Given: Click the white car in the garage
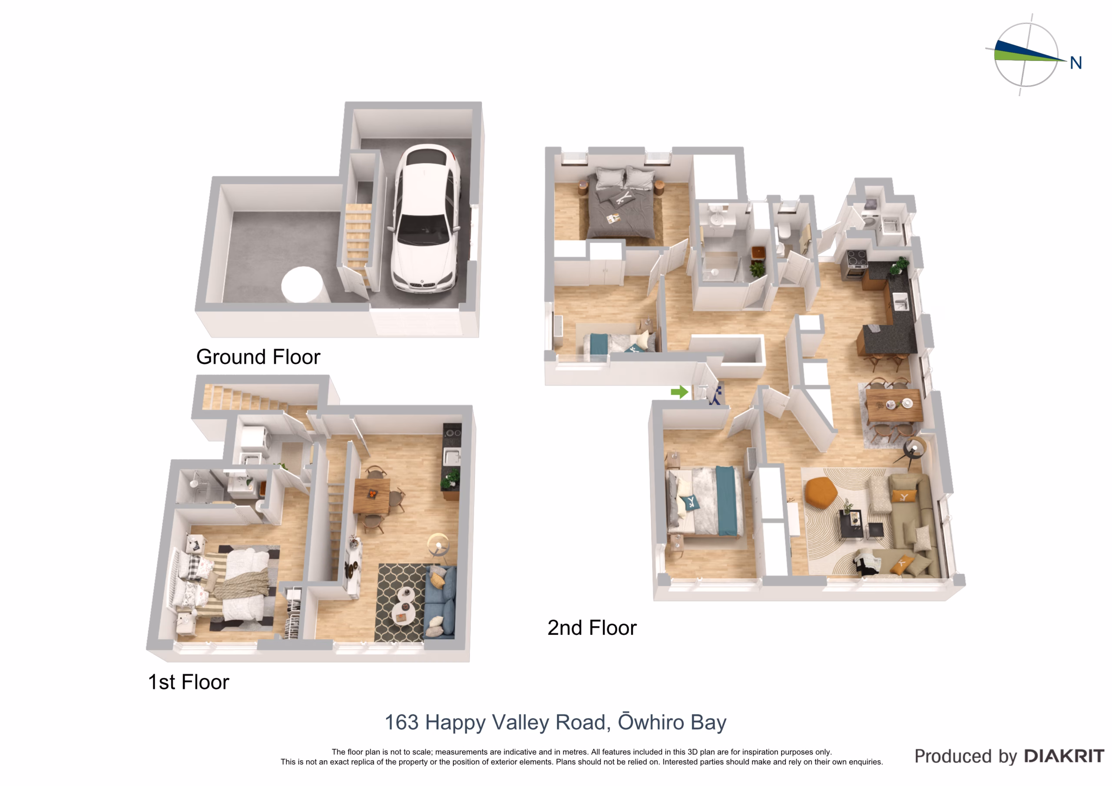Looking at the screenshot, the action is [426, 219].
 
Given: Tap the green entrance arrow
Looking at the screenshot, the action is [679, 392].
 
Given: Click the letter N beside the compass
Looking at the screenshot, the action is [1076, 63].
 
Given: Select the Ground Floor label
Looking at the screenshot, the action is [258, 357].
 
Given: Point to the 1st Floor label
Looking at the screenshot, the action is [189, 682].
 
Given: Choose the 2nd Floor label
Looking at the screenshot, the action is [592, 627].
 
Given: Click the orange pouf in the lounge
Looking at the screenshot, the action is [821, 492].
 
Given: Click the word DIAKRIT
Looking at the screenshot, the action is [1064, 756].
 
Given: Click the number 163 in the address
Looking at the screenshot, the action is [401, 722].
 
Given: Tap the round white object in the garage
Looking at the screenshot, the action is [302, 285].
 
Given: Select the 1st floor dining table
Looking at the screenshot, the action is [372, 495].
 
